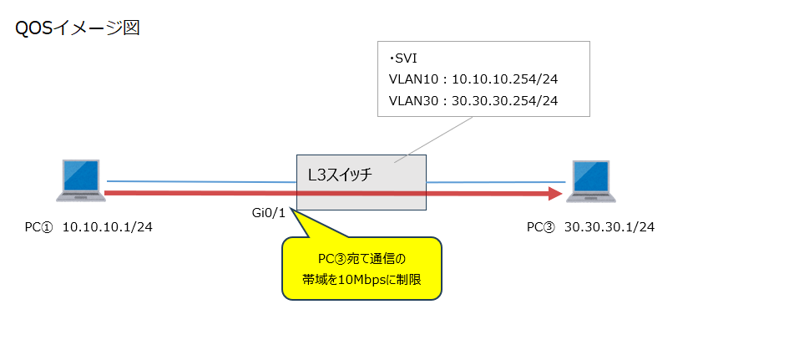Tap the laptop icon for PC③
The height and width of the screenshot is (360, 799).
point(592,181)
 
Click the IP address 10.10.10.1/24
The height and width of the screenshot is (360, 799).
point(108,227)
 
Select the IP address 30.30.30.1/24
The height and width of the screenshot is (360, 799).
point(609,227)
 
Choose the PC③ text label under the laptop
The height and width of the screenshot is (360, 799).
point(540,227)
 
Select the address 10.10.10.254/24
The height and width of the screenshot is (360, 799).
point(504,80)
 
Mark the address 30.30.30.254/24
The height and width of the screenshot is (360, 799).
point(504,100)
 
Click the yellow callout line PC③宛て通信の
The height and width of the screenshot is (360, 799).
point(361,260)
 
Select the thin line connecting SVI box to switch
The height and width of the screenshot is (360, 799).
point(435,137)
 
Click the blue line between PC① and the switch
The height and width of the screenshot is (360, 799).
point(200,181)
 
